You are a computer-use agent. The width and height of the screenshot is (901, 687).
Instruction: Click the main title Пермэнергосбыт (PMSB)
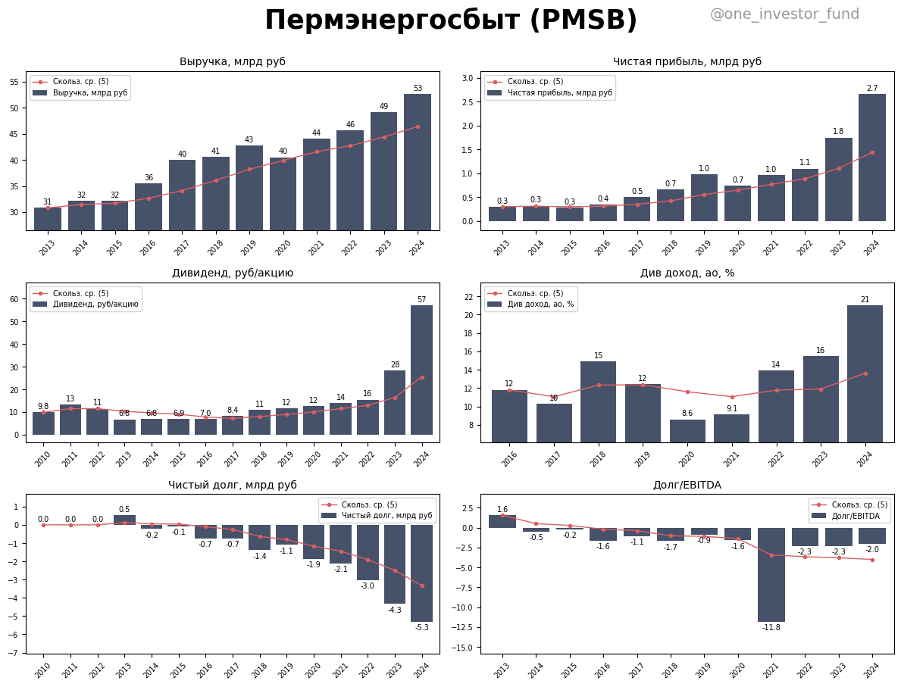[x=451, y=20]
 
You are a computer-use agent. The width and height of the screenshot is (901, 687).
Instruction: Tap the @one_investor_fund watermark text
[x=784, y=14]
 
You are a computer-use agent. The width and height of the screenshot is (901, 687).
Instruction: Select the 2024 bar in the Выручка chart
[x=418, y=162]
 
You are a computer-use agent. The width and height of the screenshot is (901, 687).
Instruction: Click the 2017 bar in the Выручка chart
[x=182, y=195]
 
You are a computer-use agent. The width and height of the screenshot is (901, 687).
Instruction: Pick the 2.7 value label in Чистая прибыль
[x=872, y=89]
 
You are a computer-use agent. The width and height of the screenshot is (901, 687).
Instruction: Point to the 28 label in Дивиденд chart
[x=395, y=365]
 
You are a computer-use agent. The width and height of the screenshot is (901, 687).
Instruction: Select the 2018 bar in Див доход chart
[x=599, y=401]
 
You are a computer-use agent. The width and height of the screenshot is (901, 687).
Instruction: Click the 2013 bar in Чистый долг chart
[x=124, y=520]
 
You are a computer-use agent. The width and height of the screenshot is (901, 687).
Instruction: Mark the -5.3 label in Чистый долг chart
[x=421, y=628]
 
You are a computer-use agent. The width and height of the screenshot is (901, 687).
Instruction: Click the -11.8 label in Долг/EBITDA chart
[x=771, y=628]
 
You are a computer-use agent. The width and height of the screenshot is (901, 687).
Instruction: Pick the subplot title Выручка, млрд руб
[x=232, y=62]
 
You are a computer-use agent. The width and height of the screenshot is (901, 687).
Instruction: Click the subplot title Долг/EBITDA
[x=687, y=485]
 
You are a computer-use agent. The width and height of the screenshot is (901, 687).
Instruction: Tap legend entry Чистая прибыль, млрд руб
[x=559, y=93]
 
